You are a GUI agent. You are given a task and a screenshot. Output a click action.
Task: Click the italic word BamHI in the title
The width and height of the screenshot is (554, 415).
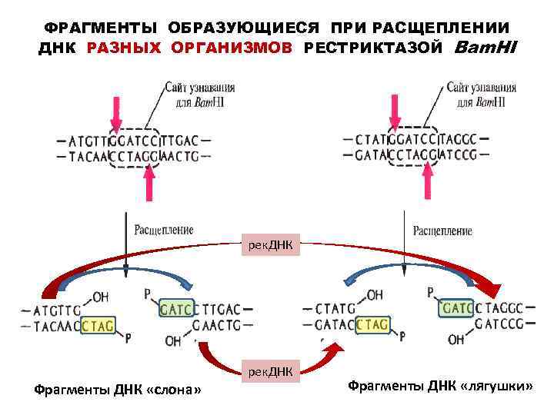click(x=486, y=48)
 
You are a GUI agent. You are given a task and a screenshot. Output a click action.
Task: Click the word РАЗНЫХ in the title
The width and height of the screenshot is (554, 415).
click(x=125, y=48)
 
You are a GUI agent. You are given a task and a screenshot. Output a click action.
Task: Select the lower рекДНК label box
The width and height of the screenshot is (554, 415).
click(x=270, y=372)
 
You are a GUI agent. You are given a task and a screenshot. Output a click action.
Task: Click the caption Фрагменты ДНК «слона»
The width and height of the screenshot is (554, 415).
click(x=118, y=390)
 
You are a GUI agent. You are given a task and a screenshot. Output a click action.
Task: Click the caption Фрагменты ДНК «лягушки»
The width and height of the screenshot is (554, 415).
click(x=440, y=383)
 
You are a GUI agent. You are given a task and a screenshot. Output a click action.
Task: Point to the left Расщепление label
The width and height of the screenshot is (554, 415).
click(x=164, y=229)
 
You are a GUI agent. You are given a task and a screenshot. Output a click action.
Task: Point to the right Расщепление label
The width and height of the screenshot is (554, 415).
click(x=442, y=231)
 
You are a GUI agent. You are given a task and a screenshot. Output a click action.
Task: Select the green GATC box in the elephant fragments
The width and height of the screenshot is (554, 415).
click(x=176, y=309)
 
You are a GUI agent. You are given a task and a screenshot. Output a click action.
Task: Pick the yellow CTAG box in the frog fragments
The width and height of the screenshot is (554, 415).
click(x=372, y=324)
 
